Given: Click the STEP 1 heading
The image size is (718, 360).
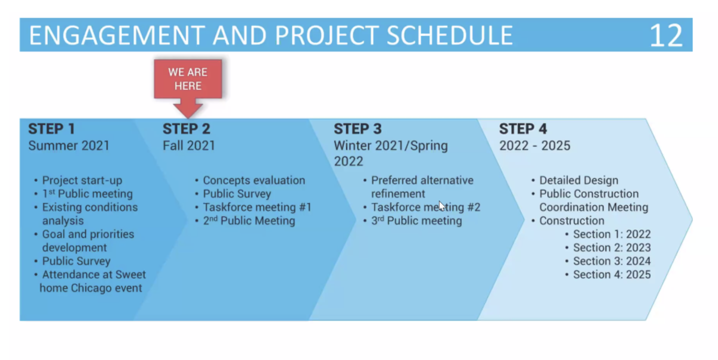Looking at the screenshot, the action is click(52, 129).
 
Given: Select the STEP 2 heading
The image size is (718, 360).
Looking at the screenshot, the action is click(186, 129).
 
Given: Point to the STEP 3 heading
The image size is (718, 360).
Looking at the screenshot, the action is click(357, 129).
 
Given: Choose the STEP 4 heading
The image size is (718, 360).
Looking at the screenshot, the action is click(523, 129).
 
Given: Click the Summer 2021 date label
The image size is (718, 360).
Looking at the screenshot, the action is click(69, 146).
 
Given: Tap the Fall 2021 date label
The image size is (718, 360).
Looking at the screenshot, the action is click(189, 146).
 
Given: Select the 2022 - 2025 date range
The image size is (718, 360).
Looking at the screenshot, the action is click(535, 146).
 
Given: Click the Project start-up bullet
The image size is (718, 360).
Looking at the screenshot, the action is click(82, 181).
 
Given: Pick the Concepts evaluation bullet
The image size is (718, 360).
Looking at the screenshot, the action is click(254, 181).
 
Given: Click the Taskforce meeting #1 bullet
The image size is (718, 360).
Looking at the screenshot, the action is click(257, 207).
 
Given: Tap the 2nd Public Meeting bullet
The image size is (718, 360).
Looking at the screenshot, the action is click(249, 221).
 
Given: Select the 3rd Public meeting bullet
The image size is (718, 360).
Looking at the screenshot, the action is click(416, 221).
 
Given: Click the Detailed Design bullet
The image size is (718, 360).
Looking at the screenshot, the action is click(579, 181).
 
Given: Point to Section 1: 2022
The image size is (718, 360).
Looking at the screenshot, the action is click(612, 234).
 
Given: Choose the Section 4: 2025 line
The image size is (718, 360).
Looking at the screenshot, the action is click(612, 275).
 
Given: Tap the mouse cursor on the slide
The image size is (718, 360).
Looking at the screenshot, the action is click(442, 206).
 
